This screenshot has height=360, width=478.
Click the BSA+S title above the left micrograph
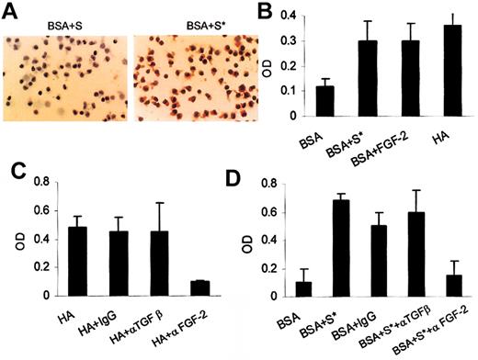(x=66, y=19)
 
